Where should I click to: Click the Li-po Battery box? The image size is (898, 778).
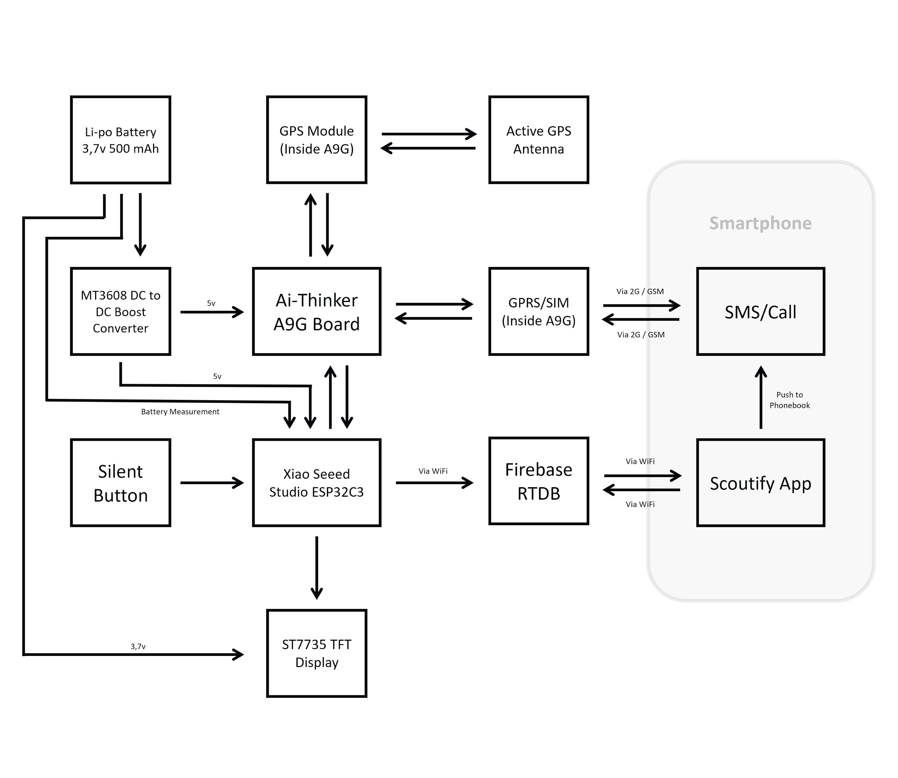(x=120, y=140)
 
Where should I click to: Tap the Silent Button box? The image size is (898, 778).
(x=120, y=483)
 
